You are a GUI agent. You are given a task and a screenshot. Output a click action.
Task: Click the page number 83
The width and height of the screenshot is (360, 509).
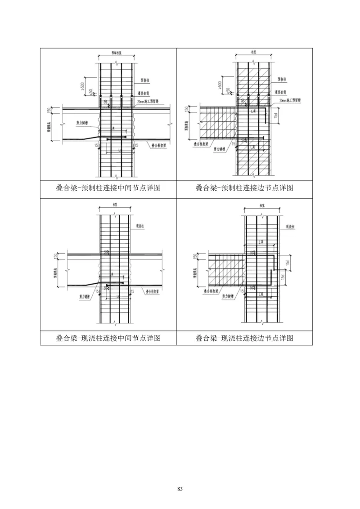point(180,488)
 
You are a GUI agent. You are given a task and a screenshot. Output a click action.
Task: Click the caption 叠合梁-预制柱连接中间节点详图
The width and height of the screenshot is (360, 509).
point(108,188)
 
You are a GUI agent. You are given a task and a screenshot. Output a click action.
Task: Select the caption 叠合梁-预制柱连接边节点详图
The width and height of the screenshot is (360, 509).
point(244,188)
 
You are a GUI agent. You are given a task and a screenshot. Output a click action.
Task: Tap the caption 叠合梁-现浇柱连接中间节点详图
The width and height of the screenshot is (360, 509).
point(108,338)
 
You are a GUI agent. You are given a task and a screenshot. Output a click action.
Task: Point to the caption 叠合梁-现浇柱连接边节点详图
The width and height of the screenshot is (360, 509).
point(244,338)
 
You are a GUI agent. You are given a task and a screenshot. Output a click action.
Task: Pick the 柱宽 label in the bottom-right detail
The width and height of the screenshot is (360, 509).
point(261,205)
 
